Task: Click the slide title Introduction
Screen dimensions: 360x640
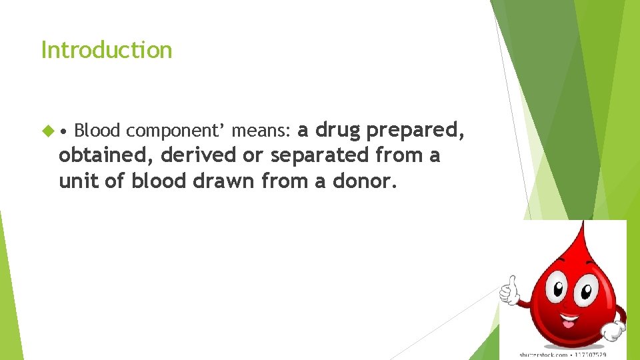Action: [107, 50]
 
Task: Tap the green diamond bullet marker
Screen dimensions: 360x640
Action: [46, 130]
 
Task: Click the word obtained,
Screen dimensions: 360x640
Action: [107, 155]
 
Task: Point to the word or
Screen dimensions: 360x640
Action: [255, 155]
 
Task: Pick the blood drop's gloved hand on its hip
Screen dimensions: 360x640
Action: [612, 329]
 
